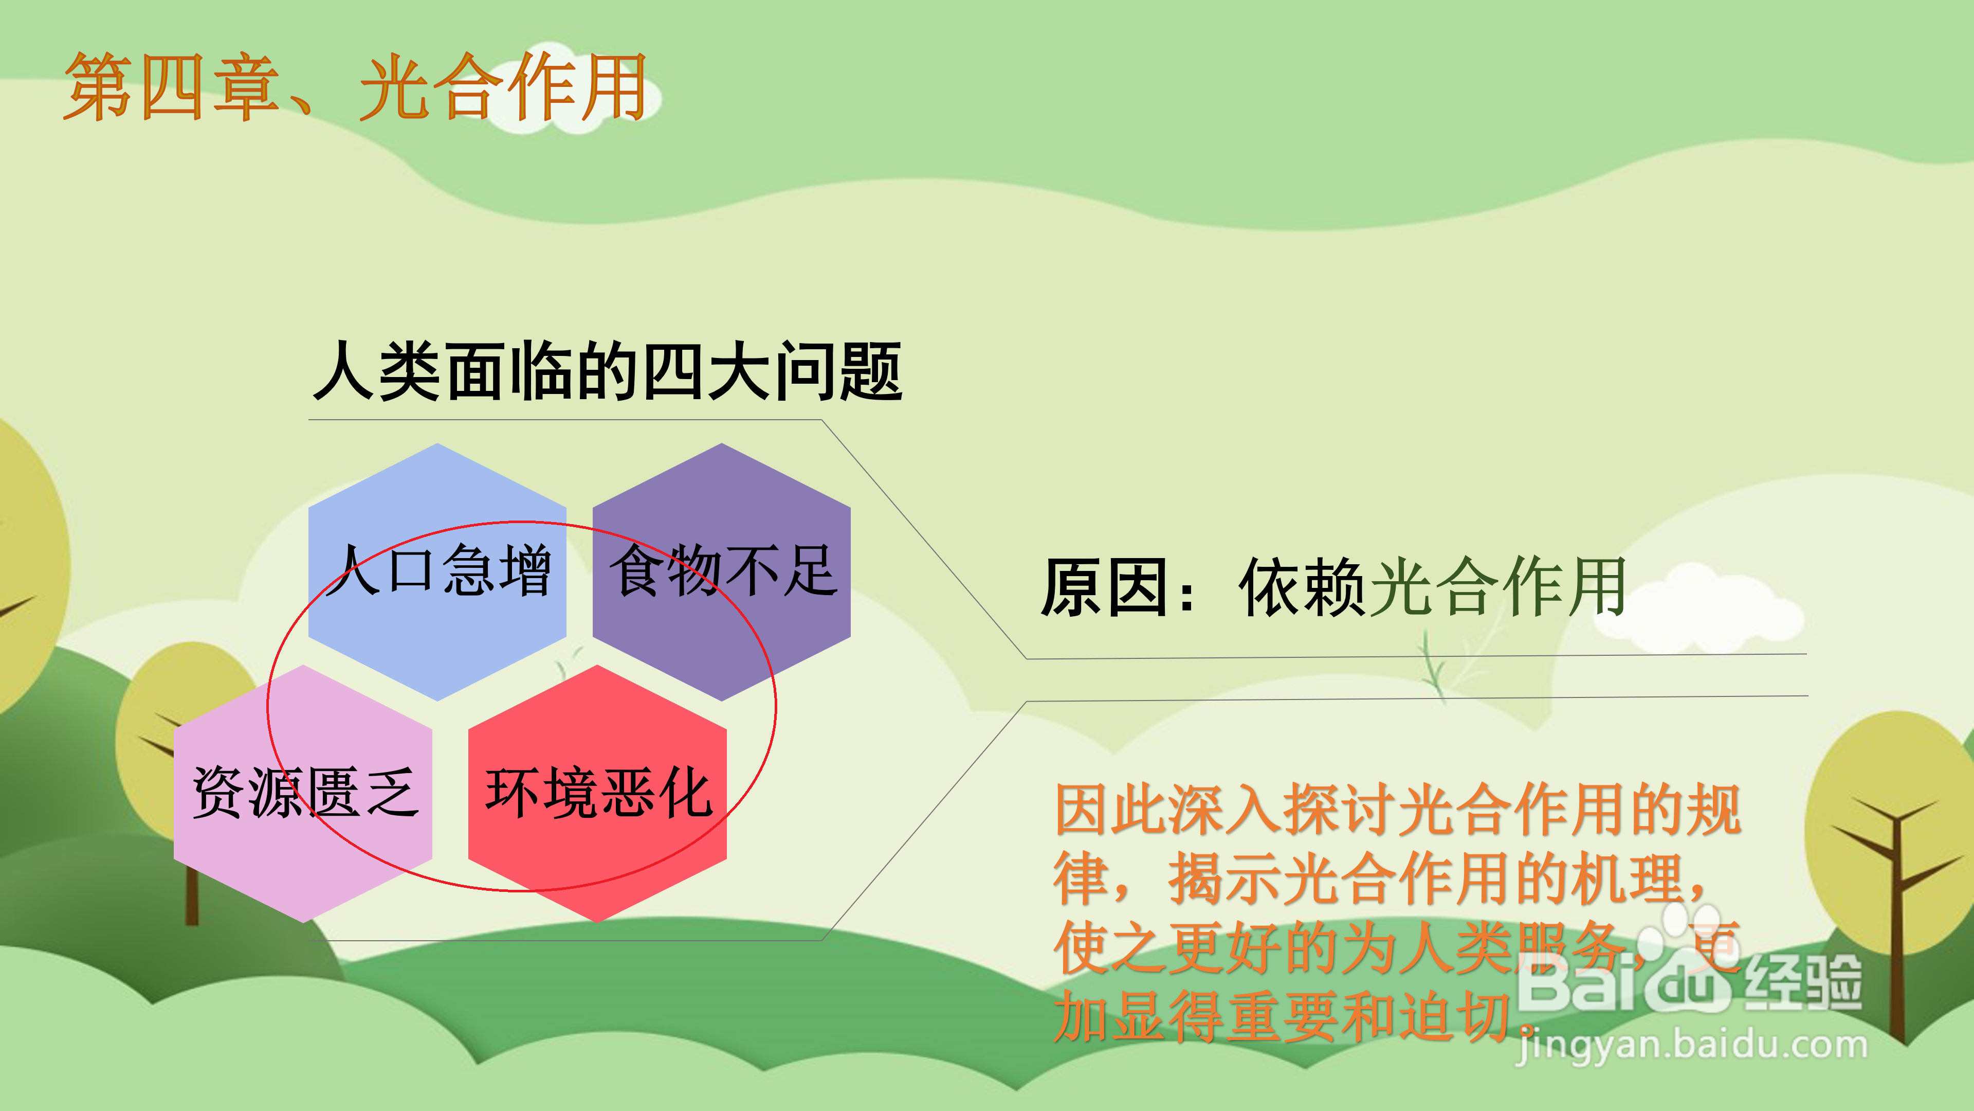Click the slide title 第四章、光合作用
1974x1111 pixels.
click(x=355, y=86)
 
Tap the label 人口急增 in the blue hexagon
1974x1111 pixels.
click(x=437, y=570)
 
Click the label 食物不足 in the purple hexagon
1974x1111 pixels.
click(x=723, y=570)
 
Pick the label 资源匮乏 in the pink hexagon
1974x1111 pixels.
click(x=305, y=792)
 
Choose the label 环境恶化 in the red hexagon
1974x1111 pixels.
click(x=598, y=792)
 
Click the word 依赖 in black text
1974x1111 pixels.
click(x=1303, y=586)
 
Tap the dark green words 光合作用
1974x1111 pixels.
click(x=1498, y=586)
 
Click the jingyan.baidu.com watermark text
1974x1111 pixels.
click(x=1692, y=1044)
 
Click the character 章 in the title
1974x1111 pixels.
click(x=245, y=86)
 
